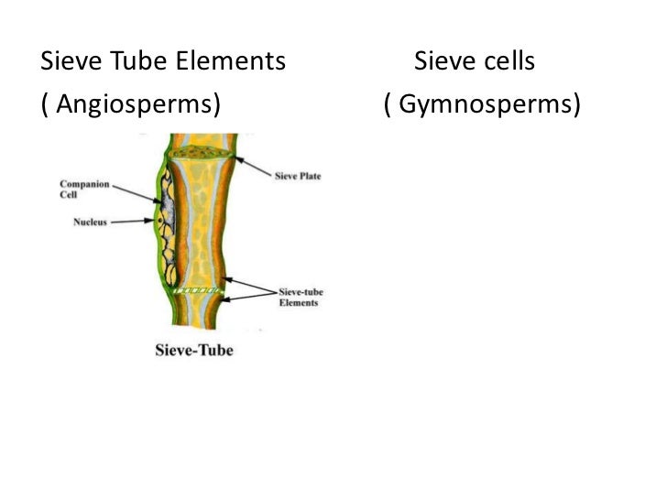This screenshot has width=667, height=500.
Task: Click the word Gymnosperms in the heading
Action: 487,106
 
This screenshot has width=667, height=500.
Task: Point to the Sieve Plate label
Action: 298,176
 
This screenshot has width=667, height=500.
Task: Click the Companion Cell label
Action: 84,189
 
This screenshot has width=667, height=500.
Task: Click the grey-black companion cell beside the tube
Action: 165,220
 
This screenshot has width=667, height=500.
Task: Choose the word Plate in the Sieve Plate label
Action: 309,176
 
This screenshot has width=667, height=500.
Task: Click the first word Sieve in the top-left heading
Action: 71,63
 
